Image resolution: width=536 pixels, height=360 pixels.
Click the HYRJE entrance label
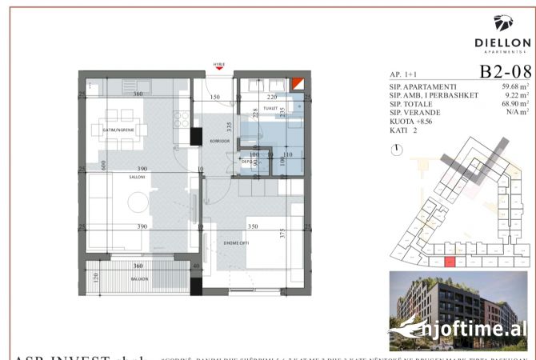coord(218,63)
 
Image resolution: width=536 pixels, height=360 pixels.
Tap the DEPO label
coord(246,161)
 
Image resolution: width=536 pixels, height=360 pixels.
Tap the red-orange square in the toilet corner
coord(298,84)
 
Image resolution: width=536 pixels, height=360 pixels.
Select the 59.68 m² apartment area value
coord(513,87)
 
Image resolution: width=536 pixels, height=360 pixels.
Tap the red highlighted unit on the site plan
coord(450,261)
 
